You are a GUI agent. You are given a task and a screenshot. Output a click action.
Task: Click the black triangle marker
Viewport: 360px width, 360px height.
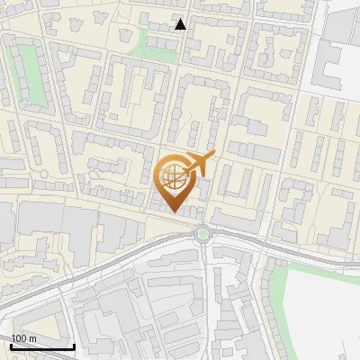(x=181, y=24)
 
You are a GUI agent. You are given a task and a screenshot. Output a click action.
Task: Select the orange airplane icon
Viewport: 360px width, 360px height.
(x=201, y=164)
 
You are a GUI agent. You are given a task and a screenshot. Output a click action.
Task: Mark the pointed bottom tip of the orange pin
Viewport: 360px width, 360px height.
(x=174, y=213)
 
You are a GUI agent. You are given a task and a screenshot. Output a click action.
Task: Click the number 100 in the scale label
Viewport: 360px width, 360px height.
(x=19, y=338)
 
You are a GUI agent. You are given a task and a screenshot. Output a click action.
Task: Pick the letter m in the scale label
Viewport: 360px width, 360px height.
(x=31, y=338)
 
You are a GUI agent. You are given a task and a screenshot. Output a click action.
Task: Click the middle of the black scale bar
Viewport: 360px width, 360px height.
(x=42, y=346)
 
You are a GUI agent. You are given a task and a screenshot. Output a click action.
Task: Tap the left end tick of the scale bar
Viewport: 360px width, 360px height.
(x=11, y=345)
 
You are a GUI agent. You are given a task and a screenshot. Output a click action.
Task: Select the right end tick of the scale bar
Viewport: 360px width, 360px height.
(x=74, y=345)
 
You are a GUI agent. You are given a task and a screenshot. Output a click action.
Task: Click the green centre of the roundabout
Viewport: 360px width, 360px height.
(x=203, y=234)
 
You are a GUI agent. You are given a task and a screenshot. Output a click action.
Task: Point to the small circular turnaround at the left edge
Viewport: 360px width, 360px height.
(x=42, y=174)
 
